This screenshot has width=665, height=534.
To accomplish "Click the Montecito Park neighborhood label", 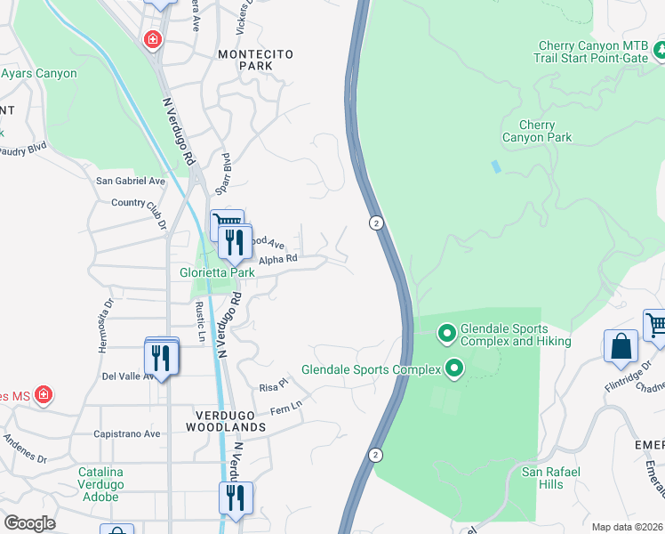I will tap(256, 60).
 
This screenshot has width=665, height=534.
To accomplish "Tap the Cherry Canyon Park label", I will tap(536, 132).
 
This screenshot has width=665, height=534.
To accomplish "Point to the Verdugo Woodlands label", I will tap(226, 421).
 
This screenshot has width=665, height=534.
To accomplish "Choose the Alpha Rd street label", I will tap(278, 260).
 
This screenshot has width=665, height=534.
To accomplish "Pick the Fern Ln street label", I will tap(286, 410).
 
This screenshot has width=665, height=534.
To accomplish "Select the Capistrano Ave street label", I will tap(127, 434).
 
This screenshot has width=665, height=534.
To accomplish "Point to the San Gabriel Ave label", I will tap(131, 181).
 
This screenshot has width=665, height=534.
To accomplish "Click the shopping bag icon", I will tap(621, 347).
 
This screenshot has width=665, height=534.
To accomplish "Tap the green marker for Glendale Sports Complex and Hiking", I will tap(447, 335).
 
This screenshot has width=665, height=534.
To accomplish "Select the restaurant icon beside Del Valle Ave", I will tap(160, 356).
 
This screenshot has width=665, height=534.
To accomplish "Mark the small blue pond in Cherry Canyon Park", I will tap(494, 166).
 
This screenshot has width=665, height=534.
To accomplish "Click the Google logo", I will tap(29, 523).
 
